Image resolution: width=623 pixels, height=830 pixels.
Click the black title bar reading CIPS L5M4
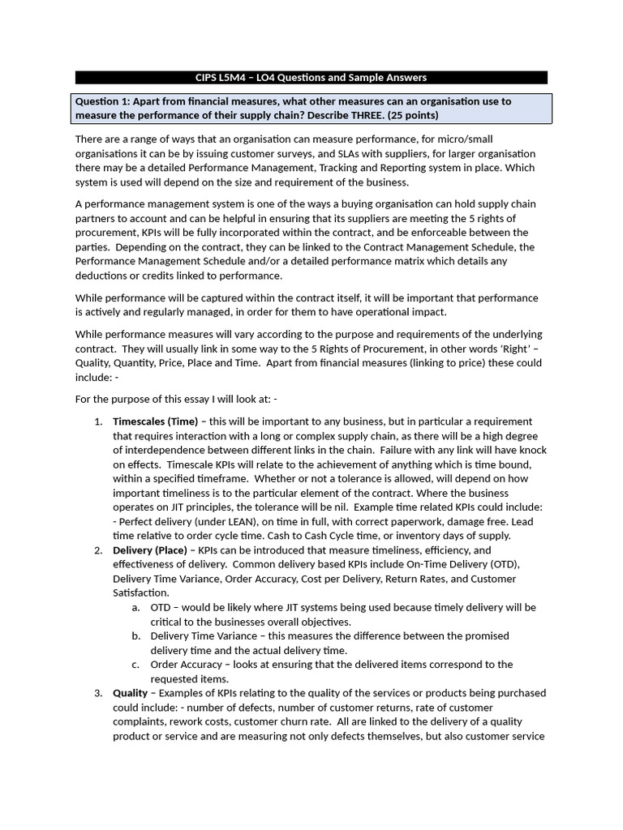[x=311, y=78]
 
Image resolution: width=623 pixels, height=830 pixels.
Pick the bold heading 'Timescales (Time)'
[x=155, y=421]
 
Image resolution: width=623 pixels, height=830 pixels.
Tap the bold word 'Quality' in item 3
[x=130, y=693]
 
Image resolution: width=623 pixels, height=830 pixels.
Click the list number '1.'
[x=98, y=421]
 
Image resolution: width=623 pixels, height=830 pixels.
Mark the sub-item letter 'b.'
[x=136, y=636]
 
